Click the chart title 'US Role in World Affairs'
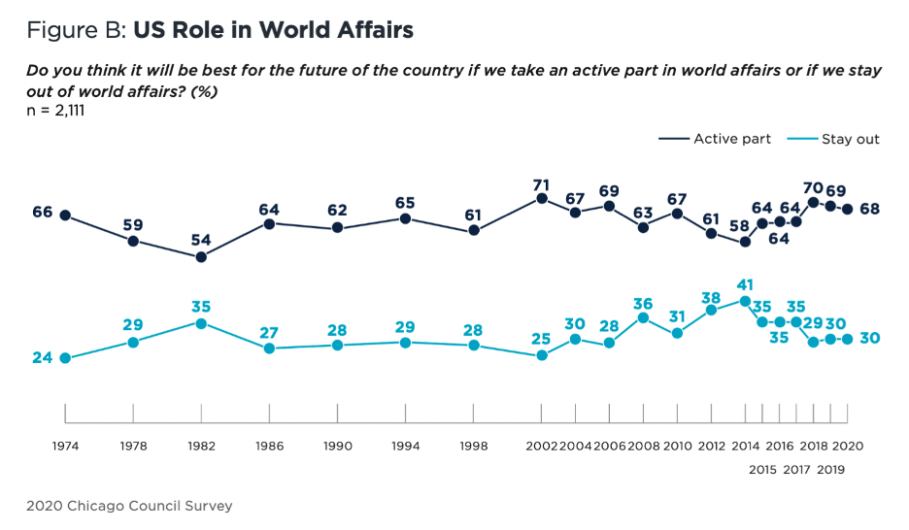[273, 30]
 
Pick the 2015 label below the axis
[762, 469]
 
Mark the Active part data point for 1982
[201, 257]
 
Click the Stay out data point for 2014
[745, 301]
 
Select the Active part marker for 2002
[542, 199]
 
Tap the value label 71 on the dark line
[542, 182]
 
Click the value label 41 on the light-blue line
[745, 285]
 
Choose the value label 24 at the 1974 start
[42, 358]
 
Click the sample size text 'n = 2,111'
[57, 111]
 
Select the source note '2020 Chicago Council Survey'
[129, 506]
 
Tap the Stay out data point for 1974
[65, 358]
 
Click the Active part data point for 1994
[405, 218]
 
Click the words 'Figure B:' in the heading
[76, 30]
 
